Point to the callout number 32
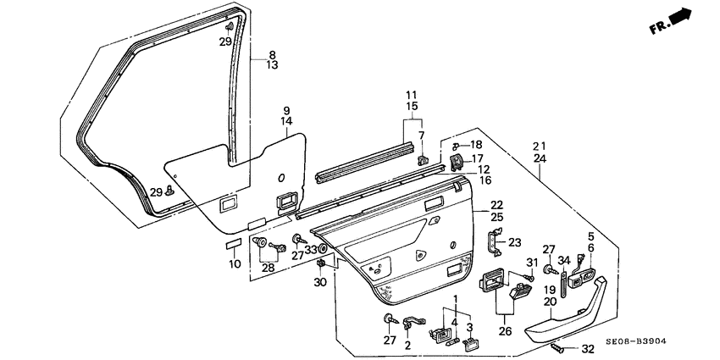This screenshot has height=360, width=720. click(x=588, y=348)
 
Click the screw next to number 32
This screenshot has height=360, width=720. click(x=558, y=346)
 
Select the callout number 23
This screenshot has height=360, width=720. click(x=515, y=241)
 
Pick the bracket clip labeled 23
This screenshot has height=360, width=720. click(x=496, y=242)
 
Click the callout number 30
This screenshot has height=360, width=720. click(x=320, y=283)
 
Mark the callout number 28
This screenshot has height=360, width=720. click(x=268, y=268)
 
